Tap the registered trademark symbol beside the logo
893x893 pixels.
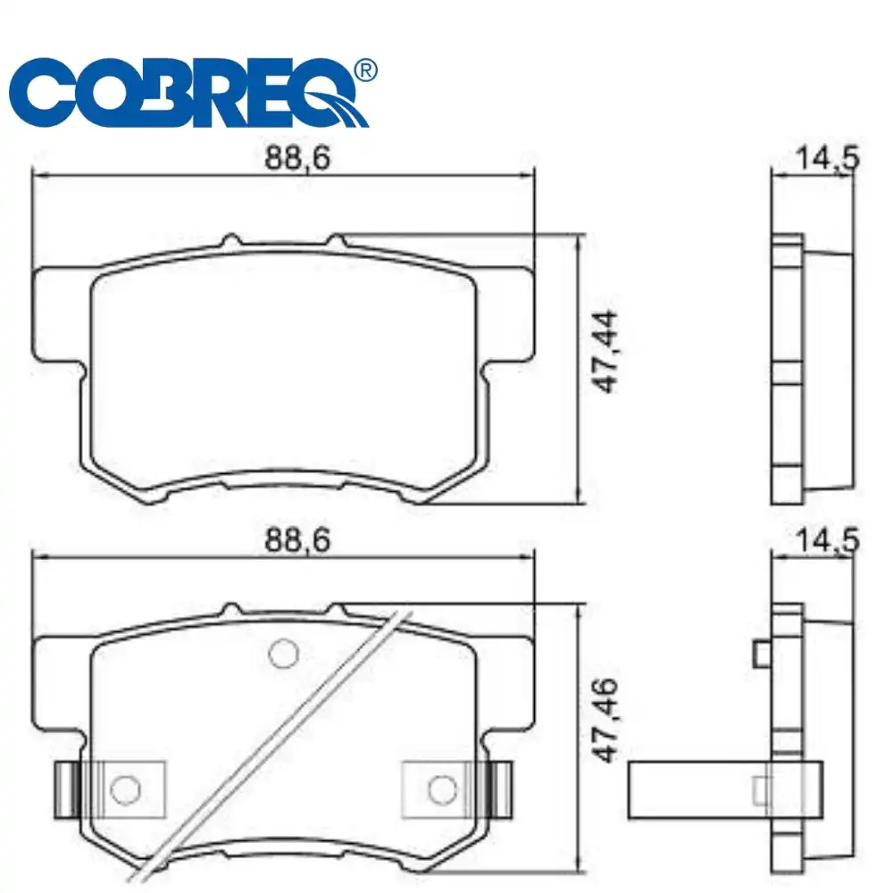point(365,71)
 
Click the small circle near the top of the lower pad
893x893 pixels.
point(284,653)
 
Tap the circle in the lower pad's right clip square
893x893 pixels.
point(440,788)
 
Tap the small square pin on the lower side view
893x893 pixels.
point(762,655)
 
